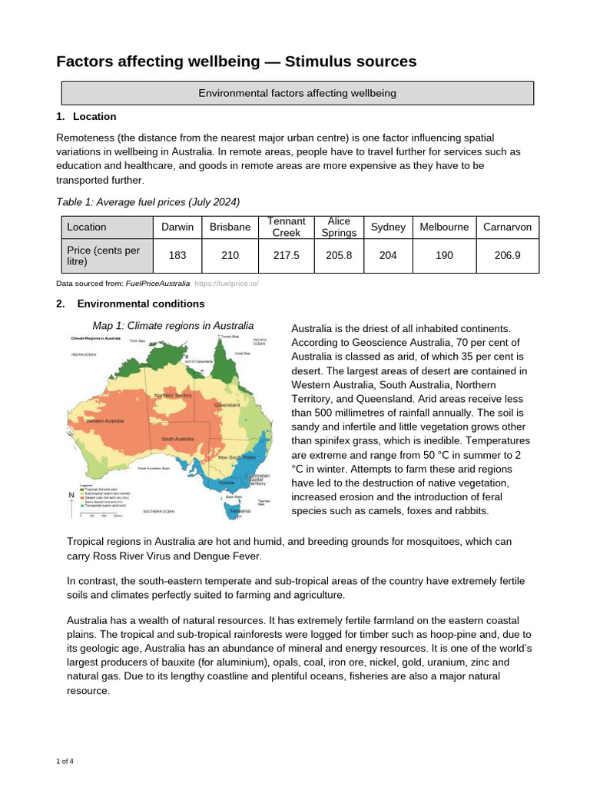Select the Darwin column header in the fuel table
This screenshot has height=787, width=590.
(177, 227)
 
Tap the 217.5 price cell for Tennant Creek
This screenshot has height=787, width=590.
(286, 255)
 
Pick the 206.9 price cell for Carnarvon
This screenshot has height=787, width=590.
(507, 255)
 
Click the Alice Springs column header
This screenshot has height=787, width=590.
(339, 227)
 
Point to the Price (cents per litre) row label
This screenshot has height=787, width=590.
(106, 255)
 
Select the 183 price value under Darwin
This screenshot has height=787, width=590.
(177, 255)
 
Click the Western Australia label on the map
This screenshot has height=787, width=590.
(105, 421)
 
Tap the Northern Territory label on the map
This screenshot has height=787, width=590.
(173, 396)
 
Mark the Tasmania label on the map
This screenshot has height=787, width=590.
(239, 510)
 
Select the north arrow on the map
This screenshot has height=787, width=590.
(71, 497)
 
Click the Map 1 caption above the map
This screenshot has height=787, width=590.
(173, 325)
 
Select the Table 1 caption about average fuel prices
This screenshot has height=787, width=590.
(148, 202)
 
